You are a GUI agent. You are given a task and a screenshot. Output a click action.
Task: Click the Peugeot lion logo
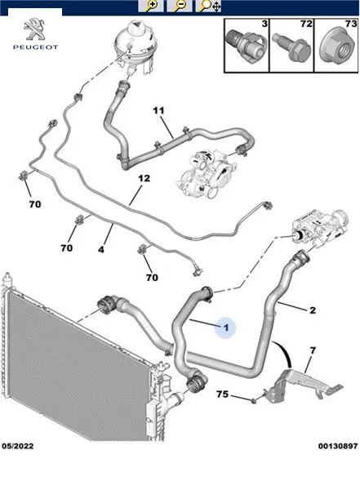[34, 29]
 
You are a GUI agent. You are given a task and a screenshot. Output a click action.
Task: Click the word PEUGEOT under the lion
[35, 47]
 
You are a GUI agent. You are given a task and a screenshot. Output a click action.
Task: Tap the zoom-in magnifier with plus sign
[151, 7]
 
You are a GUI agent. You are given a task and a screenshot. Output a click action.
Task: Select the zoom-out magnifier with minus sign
[180, 7]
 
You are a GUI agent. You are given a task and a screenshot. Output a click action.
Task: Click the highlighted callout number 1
[226, 327]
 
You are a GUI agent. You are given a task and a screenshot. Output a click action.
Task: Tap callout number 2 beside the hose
[312, 310]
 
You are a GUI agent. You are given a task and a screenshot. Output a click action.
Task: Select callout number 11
[158, 110]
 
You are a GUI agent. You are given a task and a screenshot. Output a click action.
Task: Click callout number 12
[144, 178]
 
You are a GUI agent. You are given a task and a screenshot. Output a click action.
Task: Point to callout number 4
[100, 250]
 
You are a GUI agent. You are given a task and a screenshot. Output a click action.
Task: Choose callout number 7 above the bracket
[313, 350]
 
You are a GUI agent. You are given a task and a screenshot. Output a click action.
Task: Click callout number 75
[223, 394]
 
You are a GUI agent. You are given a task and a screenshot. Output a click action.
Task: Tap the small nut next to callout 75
[254, 400]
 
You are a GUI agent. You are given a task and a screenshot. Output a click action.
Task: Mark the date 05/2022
[18, 446]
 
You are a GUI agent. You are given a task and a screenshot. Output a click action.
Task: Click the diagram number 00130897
[338, 446]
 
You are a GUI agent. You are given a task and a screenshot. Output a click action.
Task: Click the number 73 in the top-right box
[351, 24]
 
